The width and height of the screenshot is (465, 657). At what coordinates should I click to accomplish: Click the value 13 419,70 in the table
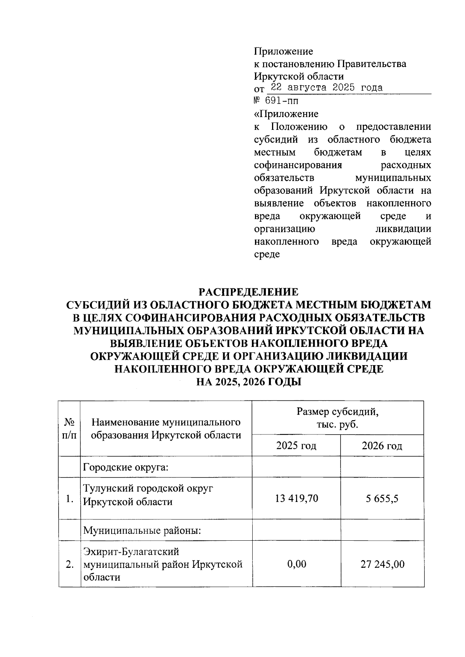pos(296,498)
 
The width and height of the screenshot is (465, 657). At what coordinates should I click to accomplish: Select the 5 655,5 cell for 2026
pos(382,498)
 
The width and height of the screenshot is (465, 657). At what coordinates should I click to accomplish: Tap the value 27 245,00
pos(382,564)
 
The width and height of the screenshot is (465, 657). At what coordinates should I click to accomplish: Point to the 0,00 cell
pos(296,564)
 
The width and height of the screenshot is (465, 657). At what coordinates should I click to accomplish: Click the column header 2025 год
pos(296,445)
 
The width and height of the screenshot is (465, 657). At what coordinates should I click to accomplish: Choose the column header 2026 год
pos(382,446)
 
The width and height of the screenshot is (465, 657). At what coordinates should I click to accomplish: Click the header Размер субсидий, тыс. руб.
pos(337,418)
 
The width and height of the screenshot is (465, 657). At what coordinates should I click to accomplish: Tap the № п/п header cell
pos(69,428)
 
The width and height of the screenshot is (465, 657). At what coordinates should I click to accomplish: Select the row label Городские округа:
pos(126,467)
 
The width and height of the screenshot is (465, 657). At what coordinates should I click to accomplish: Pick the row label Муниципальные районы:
pos(142,530)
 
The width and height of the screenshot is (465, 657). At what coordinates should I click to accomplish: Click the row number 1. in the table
pos(69,499)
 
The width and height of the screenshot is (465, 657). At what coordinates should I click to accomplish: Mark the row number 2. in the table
pos(69,564)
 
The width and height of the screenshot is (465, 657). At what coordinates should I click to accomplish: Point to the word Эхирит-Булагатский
pos(131,551)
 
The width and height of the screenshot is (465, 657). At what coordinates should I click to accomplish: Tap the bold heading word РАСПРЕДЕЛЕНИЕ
pos(248,291)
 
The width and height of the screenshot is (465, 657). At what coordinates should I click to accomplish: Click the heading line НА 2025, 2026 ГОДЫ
pos(248,382)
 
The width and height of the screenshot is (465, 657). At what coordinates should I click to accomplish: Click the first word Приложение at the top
pos(283,51)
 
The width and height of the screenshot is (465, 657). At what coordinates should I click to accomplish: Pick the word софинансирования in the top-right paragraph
pos(298,165)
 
